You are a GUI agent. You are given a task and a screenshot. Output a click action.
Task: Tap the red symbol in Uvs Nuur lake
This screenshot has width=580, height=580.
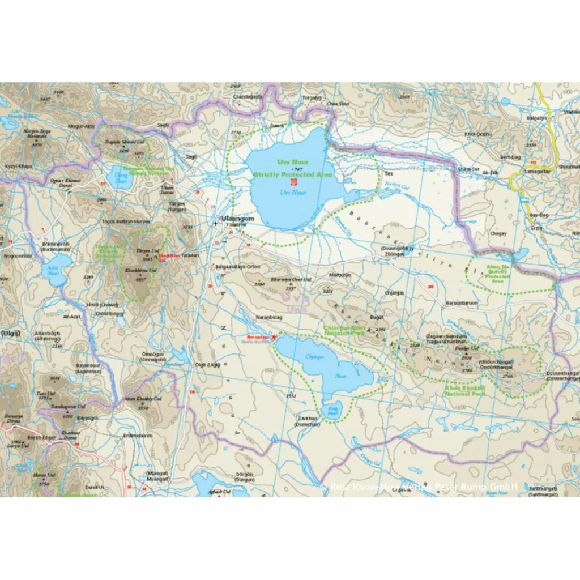coord(293,183)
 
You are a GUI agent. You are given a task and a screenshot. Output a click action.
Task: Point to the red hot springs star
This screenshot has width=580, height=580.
coord(275,338)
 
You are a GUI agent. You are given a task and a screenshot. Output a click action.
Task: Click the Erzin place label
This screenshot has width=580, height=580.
coord(536,228)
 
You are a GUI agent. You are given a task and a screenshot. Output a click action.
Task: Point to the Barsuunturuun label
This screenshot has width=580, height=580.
coord(462,303)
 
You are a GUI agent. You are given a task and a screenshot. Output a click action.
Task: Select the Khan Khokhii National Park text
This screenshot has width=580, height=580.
coord(465,391)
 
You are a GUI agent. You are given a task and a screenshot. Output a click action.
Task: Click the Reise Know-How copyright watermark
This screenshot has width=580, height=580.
coord(419,486)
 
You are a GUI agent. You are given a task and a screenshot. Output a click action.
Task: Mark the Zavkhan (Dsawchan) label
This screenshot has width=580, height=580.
coord(308,421)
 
